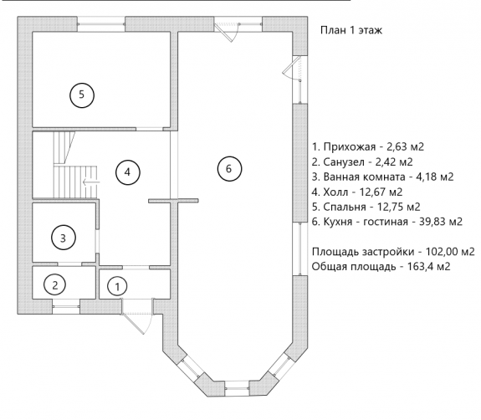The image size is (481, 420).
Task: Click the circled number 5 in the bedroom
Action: (82, 95)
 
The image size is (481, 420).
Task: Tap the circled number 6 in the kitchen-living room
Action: (229, 169)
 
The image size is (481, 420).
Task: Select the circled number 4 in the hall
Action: (128, 172)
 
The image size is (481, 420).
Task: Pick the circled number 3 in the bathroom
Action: (64, 238)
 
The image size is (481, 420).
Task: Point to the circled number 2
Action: (55, 285)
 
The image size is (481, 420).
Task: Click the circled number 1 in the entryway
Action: (117, 286)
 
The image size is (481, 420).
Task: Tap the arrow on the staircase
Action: (91, 182)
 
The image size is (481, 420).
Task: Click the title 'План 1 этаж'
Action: (351, 30)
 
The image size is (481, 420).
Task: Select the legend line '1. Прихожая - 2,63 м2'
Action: (368, 147)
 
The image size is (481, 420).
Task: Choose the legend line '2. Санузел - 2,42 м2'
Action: (362, 161)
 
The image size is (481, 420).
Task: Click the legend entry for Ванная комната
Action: (382, 177)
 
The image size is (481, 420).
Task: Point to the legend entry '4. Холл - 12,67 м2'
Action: (357, 192)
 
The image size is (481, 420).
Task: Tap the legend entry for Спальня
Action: (366, 207)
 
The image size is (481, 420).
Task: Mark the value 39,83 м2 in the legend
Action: (441, 222)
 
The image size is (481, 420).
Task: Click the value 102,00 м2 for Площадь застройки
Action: (450, 252)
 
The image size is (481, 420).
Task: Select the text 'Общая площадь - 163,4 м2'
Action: (381, 267)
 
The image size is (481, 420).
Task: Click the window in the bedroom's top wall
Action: (101, 24)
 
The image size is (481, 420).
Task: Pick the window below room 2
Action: (66, 306)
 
